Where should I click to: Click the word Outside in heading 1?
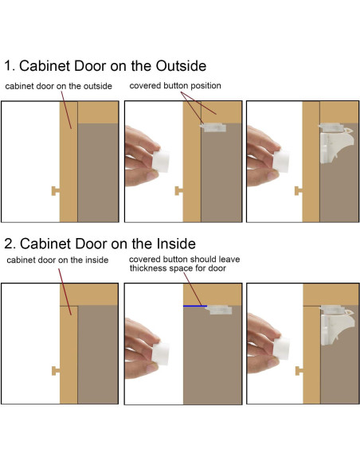[181, 66]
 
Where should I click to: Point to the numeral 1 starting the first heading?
[8, 66]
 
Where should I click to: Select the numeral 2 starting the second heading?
[10, 244]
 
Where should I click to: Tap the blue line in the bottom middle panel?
[195, 306]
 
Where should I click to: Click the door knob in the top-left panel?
[56, 191]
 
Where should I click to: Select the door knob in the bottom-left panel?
[56, 371]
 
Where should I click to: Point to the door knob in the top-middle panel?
[179, 190]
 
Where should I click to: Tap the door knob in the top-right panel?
[299, 190]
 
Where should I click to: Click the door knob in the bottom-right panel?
[299, 371]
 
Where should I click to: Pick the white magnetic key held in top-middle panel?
[160, 161]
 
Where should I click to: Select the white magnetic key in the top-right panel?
[281, 161]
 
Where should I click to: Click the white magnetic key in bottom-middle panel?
[160, 354]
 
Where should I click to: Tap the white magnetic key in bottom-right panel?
[281, 349]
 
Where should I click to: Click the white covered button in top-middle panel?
[213, 127]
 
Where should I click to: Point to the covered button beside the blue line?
[218, 310]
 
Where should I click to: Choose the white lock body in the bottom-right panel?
[337, 326]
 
